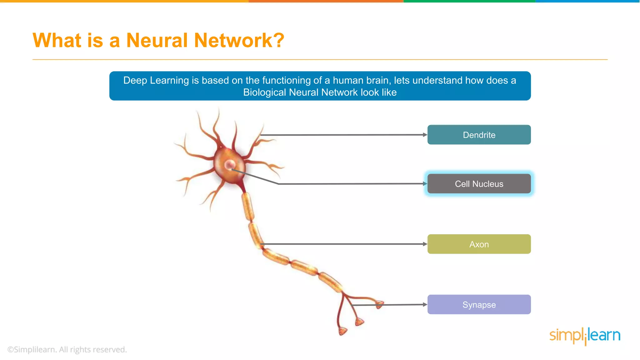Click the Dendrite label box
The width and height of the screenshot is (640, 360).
point(479,135)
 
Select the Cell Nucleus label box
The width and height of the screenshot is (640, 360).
point(479,184)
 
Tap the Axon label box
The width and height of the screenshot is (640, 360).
point(479,244)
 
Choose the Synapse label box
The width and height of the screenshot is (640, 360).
point(479,304)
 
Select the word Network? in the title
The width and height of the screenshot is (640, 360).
point(239,41)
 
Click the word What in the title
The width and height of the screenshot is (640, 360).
point(57,41)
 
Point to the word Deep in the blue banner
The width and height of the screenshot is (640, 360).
point(135,80)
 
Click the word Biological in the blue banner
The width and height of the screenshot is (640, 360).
point(265,92)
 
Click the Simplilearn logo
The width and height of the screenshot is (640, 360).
point(585,336)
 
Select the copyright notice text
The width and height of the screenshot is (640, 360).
point(67,349)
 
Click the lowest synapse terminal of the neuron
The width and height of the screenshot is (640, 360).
point(342,331)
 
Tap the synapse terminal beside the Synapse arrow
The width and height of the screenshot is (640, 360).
point(379,304)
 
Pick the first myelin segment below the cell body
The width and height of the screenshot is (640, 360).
point(247,206)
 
